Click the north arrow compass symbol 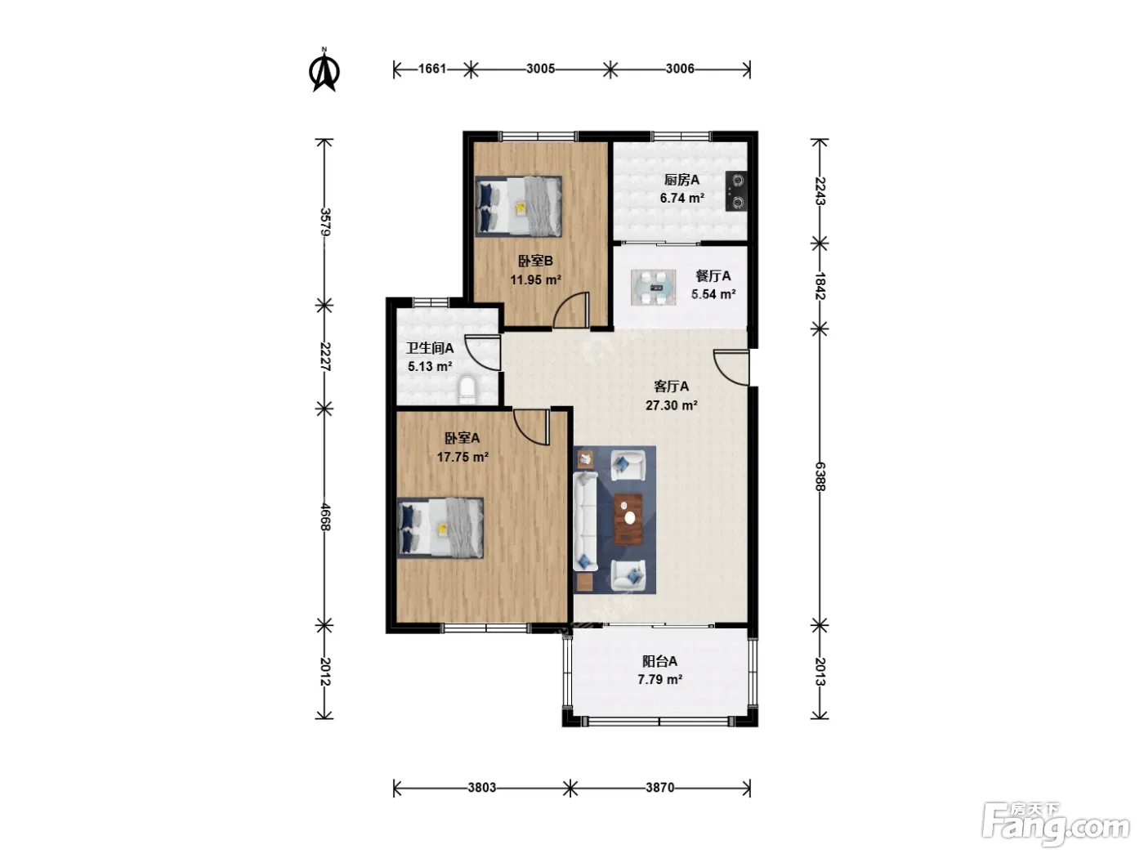(324, 69)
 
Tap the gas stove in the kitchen (736, 190)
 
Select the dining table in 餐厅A (653, 287)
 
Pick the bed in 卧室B (519, 206)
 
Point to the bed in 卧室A (440, 528)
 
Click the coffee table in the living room (628, 519)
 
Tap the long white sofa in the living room (585, 521)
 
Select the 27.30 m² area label (672, 404)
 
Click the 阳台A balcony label (659, 661)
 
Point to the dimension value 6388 (820, 476)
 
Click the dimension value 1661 (432, 69)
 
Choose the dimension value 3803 (481, 787)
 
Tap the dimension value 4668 (324, 516)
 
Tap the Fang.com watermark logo (1056, 826)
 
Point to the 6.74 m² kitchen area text (681, 198)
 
